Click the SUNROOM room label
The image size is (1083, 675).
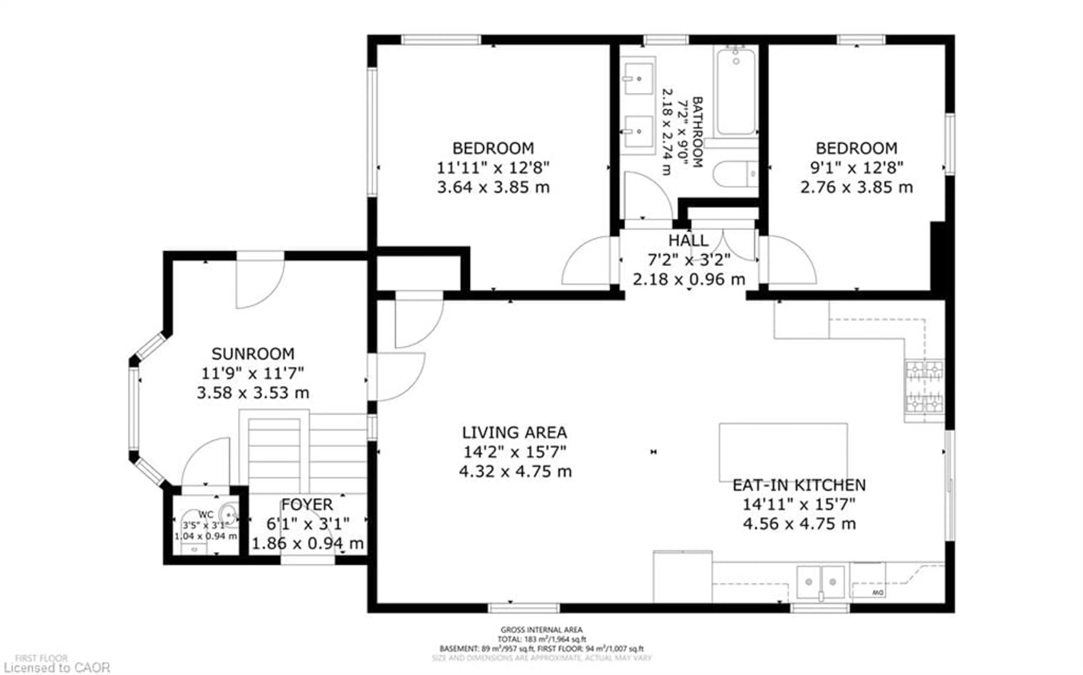tap(253, 354)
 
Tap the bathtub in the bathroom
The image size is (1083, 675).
tap(736, 92)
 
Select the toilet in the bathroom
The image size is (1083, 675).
tap(735, 174)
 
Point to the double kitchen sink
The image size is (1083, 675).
tap(820, 582)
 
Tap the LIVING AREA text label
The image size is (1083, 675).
tap(514, 432)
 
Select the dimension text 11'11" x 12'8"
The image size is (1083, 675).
tap(493, 168)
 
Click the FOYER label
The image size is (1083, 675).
tap(307, 504)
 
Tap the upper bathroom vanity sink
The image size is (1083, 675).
tap(638, 79)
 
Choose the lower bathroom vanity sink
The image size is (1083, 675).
tap(638, 131)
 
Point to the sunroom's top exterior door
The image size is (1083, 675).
tap(260, 281)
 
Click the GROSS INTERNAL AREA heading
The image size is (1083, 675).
tap(541, 629)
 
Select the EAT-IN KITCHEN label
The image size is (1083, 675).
tap(799, 485)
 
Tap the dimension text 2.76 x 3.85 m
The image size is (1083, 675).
tap(856, 187)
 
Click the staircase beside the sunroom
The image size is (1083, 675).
tap(274, 455)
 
